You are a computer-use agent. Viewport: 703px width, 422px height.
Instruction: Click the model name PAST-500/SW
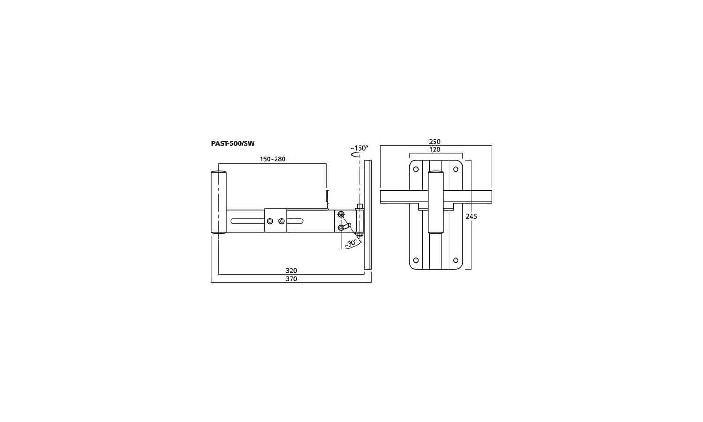tap(232, 144)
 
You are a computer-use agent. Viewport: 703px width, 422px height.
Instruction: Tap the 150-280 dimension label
tap(272, 159)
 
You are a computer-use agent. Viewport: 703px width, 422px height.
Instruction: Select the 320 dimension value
tap(291, 271)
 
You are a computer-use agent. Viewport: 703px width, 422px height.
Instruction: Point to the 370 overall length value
tap(291, 279)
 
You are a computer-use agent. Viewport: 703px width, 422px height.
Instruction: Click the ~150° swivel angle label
tap(359, 148)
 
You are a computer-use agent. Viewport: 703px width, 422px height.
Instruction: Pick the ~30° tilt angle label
tap(351, 243)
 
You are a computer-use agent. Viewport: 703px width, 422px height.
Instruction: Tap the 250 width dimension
tap(434, 142)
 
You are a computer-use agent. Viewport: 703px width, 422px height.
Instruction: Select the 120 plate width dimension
tap(434, 150)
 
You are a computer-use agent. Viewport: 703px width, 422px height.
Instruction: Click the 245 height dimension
tap(471, 216)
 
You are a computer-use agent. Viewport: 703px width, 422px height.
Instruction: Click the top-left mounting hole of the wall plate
tap(416, 169)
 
